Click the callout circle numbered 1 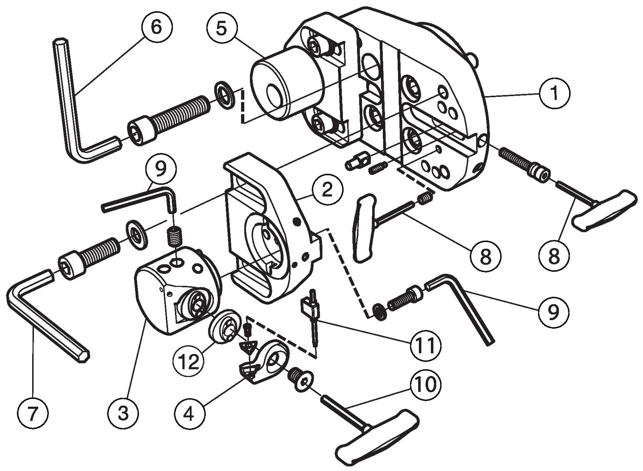pos(554,93)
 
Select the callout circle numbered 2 pos(327,189)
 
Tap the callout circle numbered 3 pos(123,413)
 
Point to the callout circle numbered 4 pos(189,413)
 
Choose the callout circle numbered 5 pos(221,28)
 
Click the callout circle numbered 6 pos(156,27)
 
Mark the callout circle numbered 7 pos(33,413)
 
